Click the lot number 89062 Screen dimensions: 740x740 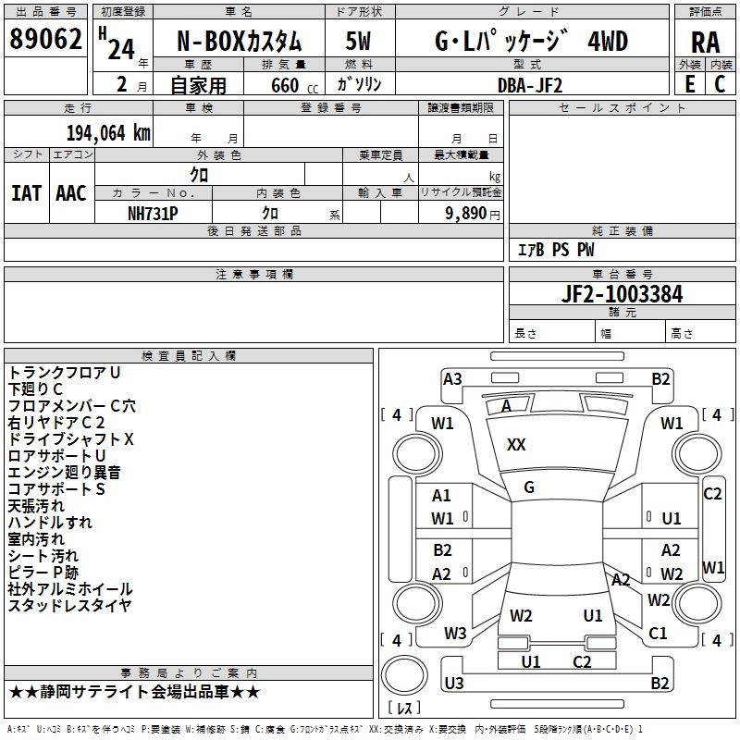(46, 40)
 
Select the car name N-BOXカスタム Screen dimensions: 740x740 (239, 42)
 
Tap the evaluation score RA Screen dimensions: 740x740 (705, 42)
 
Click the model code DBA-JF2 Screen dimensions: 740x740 (529, 85)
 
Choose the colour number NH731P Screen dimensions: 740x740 (153, 213)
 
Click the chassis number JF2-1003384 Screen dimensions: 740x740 (623, 294)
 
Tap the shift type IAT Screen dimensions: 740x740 (26, 193)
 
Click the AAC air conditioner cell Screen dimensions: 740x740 (71, 193)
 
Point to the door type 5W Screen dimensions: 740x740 (358, 42)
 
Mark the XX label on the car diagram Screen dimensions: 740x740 (516, 445)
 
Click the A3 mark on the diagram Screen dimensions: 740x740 (452, 378)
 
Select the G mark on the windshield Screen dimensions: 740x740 (529, 487)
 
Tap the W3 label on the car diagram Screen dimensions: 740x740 (455, 634)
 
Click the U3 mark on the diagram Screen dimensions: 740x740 (453, 683)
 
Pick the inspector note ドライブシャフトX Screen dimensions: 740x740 (71, 438)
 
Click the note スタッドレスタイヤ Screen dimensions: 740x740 (69, 606)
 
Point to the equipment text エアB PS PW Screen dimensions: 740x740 (555, 250)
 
